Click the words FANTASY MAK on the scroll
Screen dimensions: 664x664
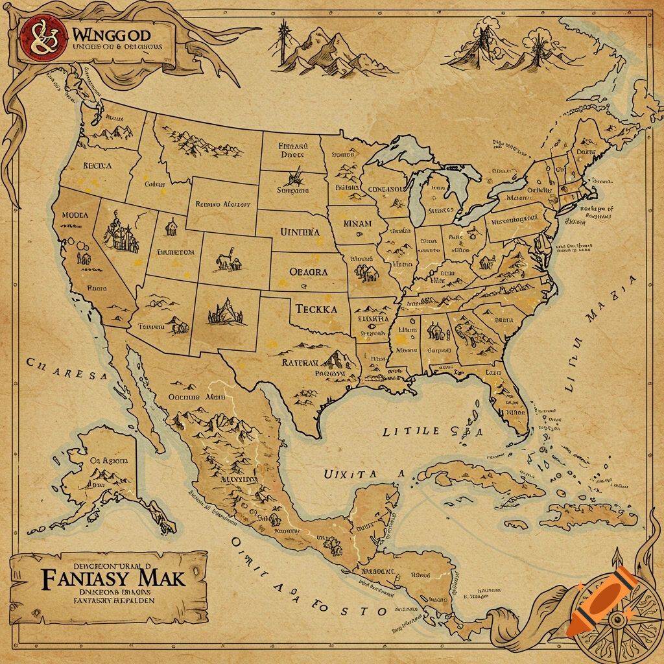click(x=113, y=577)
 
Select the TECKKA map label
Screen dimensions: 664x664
click(x=316, y=309)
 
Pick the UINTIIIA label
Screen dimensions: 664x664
click(x=300, y=231)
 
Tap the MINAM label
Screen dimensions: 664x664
click(x=357, y=224)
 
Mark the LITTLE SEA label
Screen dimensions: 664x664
click(x=433, y=431)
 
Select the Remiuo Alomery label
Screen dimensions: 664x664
click(x=222, y=204)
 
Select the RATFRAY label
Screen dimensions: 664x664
click(x=300, y=363)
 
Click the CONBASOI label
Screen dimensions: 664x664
click(x=386, y=189)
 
